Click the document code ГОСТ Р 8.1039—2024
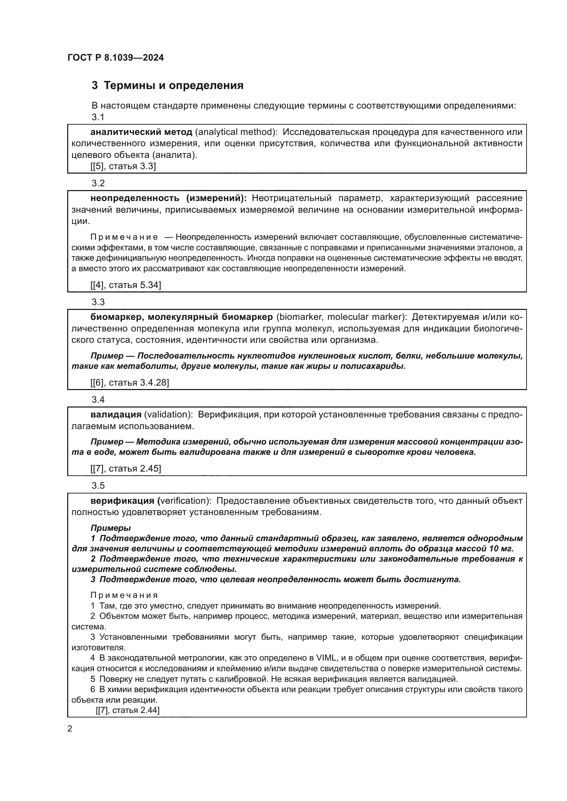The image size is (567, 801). [x=116, y=58]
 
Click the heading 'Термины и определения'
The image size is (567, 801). [x=173, y=86]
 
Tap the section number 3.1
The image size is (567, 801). [x=98, y=117]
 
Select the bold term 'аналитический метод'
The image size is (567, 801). [x=141, y=132]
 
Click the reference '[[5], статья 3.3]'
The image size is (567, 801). [x=123, y=166]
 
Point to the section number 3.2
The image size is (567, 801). [x=98, y=183]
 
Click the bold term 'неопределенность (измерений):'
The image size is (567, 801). [x=168, y=198]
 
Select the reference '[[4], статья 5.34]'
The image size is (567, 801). [x=126, y=285]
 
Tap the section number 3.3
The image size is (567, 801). [x=98, y=302]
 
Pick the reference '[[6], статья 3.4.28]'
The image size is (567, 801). [x=130, y=383]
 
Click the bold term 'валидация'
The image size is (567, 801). [x=116, y=415]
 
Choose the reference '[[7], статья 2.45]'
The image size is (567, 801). [x=126, y=468]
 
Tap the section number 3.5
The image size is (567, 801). [x=98, y=486]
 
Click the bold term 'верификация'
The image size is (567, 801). [x=122, y=501]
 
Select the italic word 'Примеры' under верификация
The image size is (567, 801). [x=110, y=528]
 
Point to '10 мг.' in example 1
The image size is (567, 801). [x=502, y=548]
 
